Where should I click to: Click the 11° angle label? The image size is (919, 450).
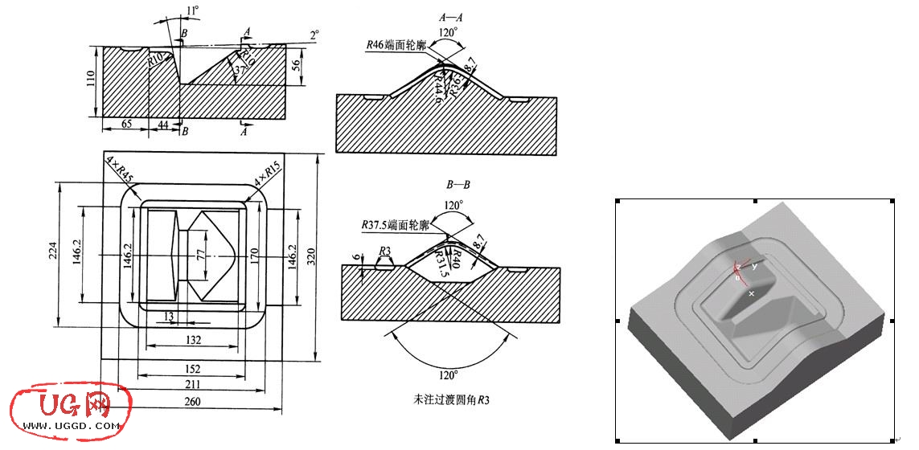coord(191,10)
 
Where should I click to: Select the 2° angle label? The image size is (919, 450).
coord(314,34)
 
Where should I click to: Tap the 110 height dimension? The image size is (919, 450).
coord(91,79)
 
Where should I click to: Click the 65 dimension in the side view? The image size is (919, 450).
coord(126,125)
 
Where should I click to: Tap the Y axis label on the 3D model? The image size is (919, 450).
coord(755,266)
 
